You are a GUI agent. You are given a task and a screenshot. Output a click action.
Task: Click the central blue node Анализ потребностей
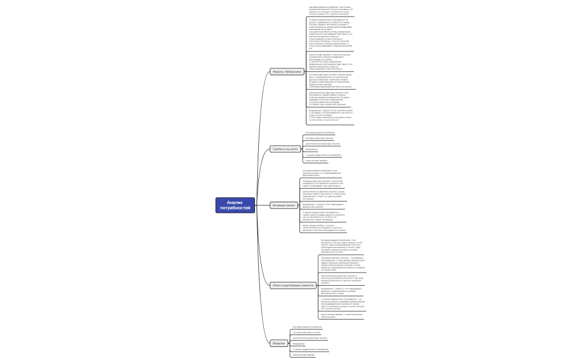(x=234, y=205)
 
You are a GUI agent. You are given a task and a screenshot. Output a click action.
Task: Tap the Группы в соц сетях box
(x=285, y=149)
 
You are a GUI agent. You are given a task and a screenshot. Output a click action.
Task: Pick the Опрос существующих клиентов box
(x=293, y=285)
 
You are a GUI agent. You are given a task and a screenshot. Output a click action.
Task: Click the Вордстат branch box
(x=279, y=343)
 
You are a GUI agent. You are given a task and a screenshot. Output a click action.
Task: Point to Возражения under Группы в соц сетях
(x=312, y=149)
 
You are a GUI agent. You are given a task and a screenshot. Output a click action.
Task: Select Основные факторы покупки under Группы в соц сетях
(x=320, y=138)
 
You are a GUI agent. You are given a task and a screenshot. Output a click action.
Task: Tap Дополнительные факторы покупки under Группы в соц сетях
(x=323, y=143)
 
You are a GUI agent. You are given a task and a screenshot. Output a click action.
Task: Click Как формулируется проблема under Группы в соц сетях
(x=320, y=133)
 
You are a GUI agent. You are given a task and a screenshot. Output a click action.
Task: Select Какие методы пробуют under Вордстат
(x=307, y=354)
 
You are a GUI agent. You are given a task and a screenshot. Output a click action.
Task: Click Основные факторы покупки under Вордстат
(x=307, y=332)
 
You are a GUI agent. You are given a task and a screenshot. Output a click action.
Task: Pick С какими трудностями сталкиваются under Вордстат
(x=310, y=349)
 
